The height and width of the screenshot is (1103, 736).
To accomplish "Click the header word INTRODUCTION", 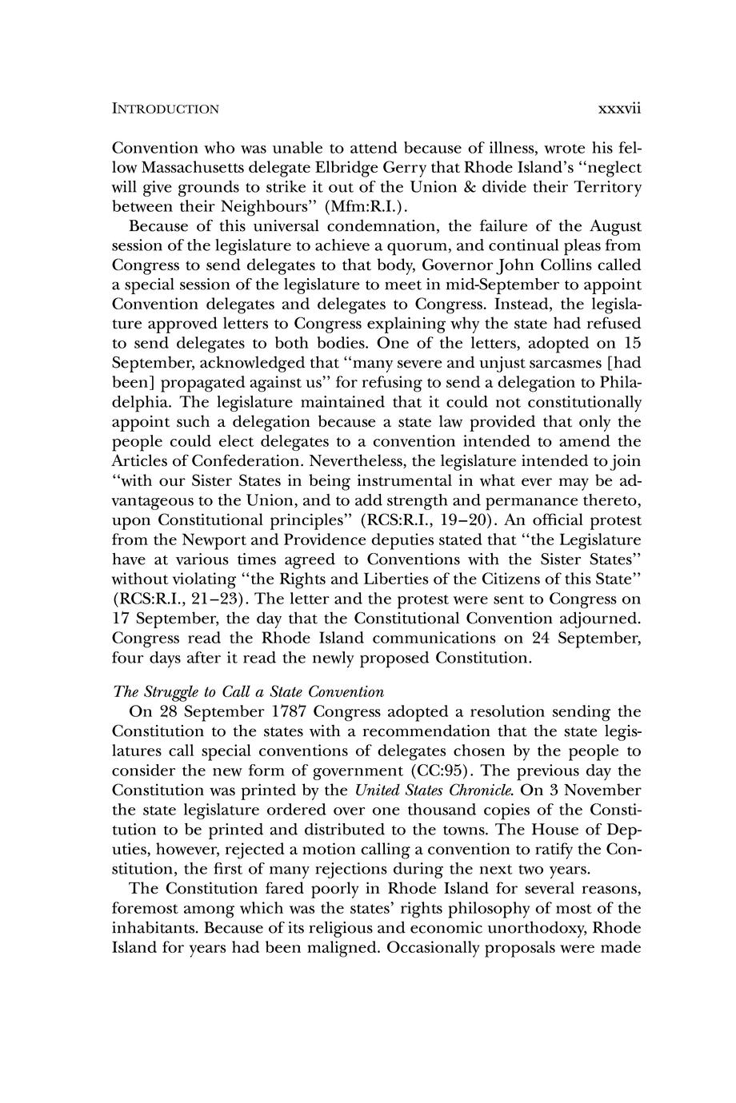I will point(165,109).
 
